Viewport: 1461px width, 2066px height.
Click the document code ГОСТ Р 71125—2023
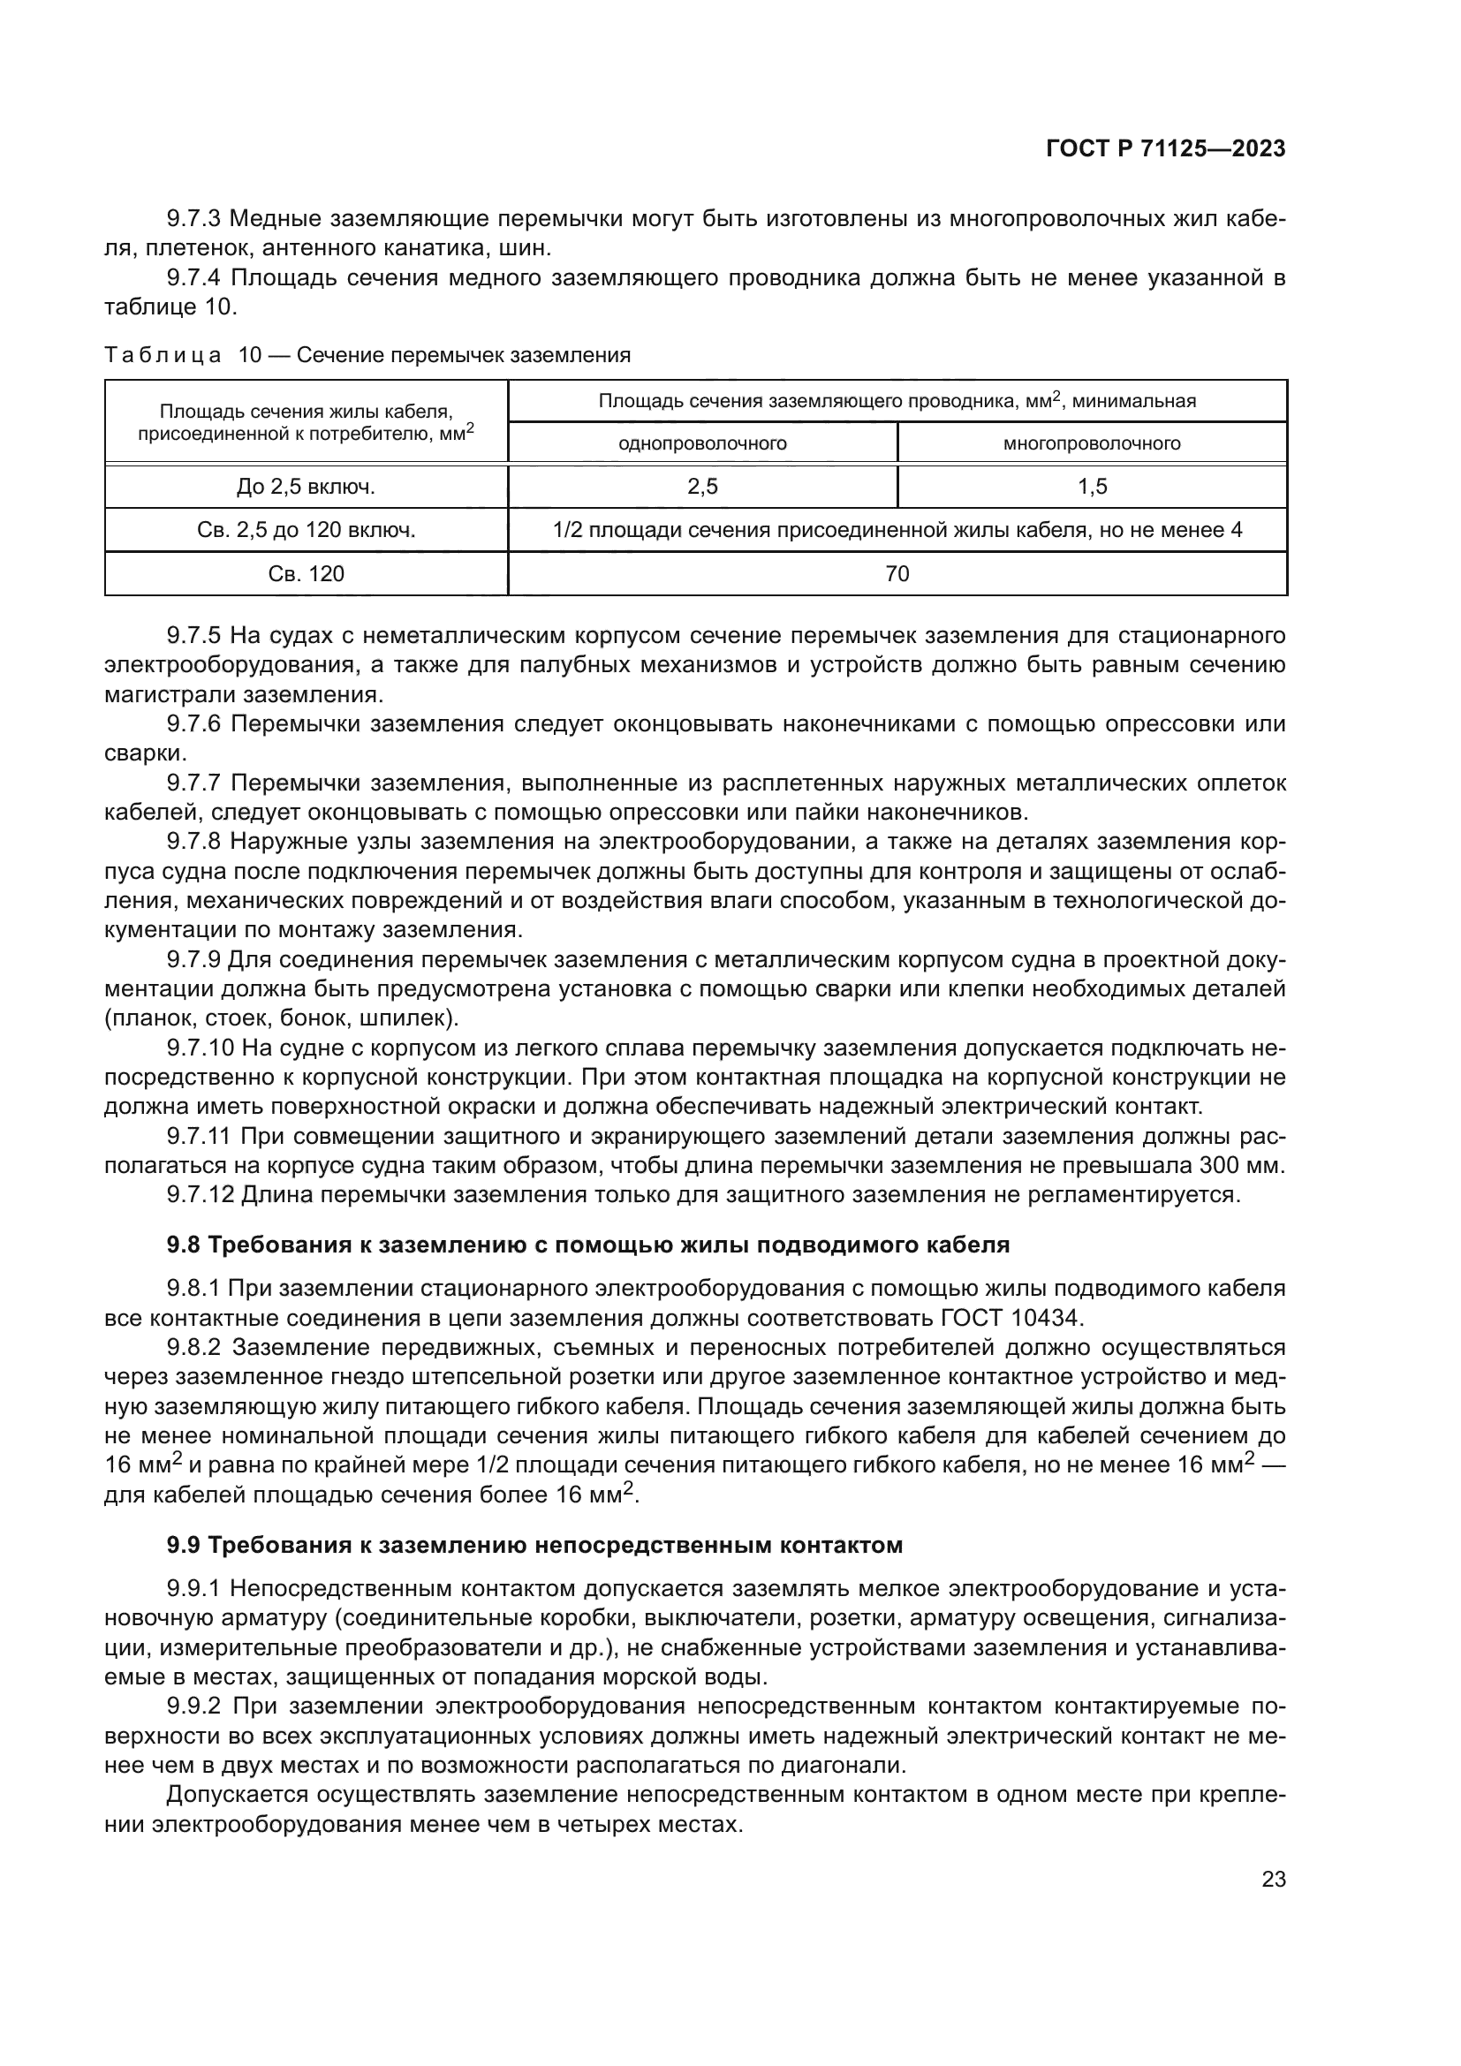[1165, 149]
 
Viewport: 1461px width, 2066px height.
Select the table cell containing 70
[897, 574]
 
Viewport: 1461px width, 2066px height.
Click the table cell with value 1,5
[1092, 487]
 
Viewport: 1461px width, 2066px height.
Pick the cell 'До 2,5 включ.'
[306, 487]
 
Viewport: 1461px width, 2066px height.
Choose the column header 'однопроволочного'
[702, 443]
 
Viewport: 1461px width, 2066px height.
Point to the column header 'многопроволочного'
[1092, 443]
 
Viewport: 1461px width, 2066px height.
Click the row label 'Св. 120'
[306, 574]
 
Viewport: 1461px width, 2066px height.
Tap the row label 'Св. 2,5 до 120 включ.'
[306, 530]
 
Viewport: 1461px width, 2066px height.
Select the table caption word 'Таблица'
[162, 355]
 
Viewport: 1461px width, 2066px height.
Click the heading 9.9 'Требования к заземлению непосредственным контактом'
[534, 1546]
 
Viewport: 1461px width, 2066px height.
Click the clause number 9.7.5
[193, 636]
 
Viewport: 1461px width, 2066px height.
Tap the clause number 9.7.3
[193, 219]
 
